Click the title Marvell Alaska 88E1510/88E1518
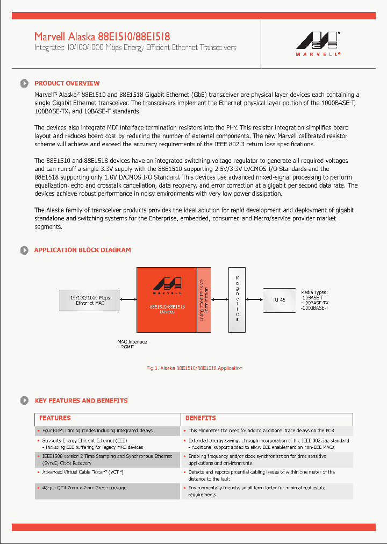click(102, 37)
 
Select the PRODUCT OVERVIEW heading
click(67, 83)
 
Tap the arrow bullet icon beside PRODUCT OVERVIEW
click(24, 83)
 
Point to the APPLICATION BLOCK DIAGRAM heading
click(82, 250)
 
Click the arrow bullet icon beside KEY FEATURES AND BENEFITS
click(24, 400)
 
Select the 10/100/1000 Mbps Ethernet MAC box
click(89, 300)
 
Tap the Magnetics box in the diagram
click(237, 298)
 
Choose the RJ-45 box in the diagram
click(279, 299)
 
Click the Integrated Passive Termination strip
click(204, 299)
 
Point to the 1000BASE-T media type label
click(314, 308)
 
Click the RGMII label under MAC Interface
click(128, 347)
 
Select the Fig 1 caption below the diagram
click(194, 368)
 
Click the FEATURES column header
click(55, 418)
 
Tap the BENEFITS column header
click(200, 418)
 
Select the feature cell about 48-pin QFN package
click(85, 488)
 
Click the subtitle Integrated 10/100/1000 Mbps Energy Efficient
click(135, 47)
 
